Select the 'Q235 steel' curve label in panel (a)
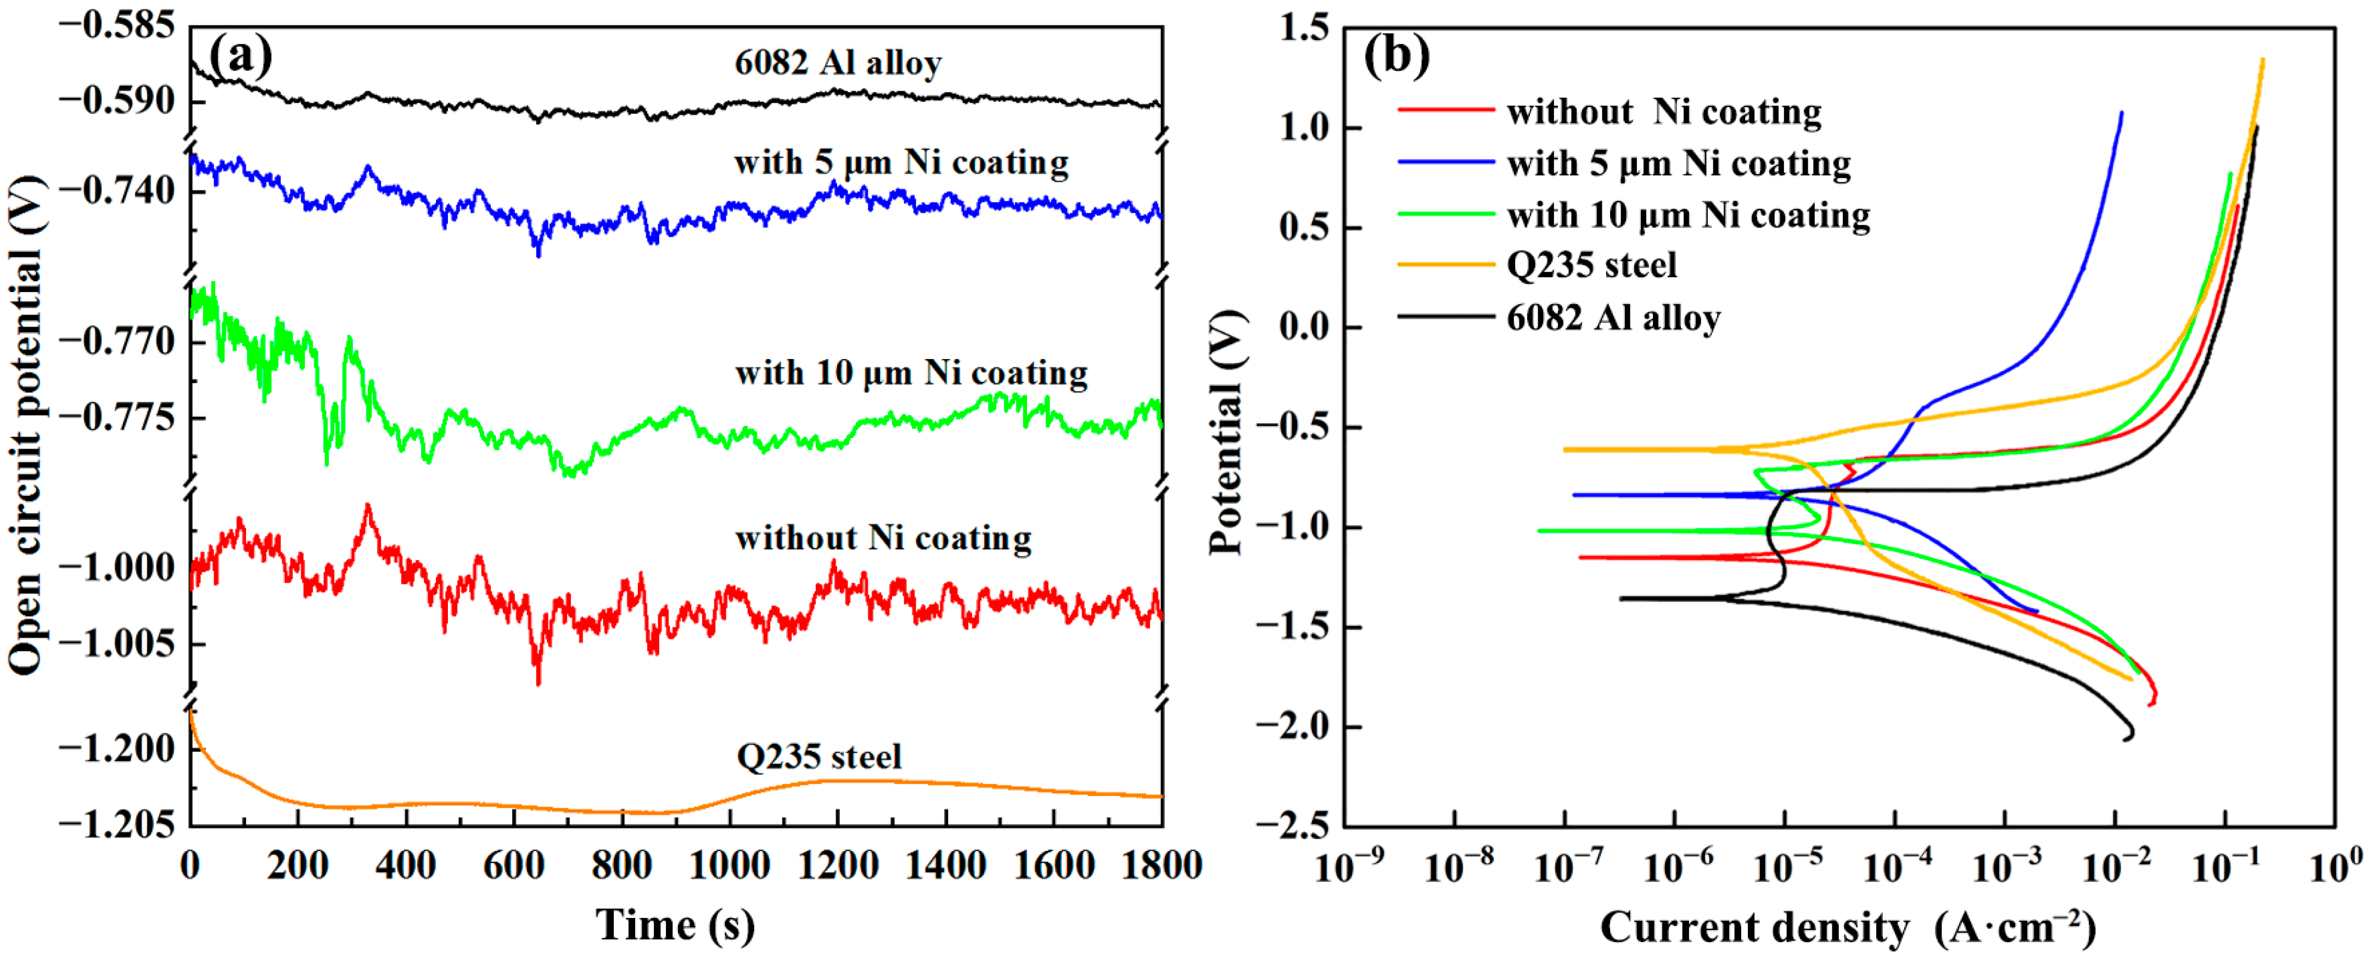pos(818,757)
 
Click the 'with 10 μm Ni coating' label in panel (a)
pos(911,373)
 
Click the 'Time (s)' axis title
pos(675,924)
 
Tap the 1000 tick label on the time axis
pos(730,866)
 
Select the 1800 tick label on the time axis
pos(1161,866)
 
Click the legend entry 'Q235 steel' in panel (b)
pos(1591,265)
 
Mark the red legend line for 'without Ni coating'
pos(1446,110)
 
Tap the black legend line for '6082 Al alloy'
pos(1446,317)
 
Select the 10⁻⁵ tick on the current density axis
pos(1786,866)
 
